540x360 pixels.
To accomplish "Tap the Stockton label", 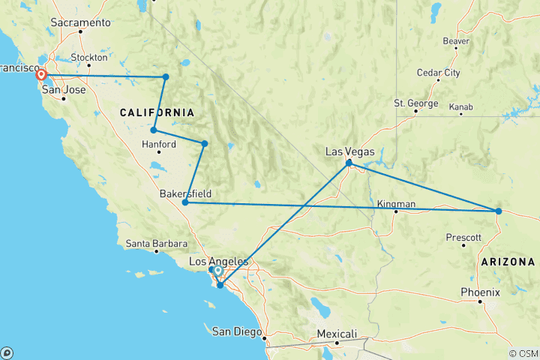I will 88,57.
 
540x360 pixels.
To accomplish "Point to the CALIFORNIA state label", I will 157,112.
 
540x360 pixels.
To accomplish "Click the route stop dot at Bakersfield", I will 185,202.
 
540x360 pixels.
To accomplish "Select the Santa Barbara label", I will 153,243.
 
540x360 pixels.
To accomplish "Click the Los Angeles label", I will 217,261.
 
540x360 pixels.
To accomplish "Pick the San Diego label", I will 237,331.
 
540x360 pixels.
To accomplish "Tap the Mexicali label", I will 337,334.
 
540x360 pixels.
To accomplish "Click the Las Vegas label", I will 349,151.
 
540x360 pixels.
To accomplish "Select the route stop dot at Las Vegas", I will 349,163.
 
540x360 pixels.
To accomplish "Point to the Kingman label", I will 395,203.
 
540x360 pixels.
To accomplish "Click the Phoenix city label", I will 478,291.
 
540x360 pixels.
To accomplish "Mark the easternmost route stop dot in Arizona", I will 498,211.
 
